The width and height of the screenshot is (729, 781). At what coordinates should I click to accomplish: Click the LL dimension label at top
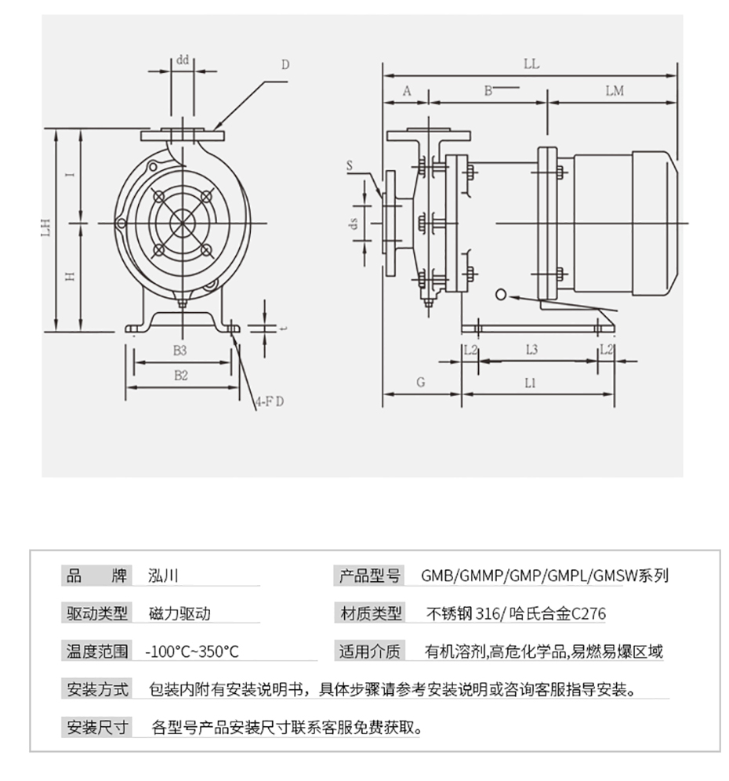pyautogui.click(x=531, y=64)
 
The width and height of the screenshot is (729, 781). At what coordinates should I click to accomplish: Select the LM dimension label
pyautogui.click(x=615, y=90)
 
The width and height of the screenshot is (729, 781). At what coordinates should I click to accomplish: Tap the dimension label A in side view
pyautogui.click(x=407, y=90)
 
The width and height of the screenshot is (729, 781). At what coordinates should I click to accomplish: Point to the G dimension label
pyautogui.click(x=420, y=382)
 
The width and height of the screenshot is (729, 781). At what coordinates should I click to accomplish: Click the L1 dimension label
pyautogui.click(x=531, y=383)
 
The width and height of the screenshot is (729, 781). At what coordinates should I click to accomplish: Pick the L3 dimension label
pyautogui.click(x=531, y=349)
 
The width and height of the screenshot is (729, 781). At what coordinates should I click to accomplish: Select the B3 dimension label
pyautogui.click(x=180, y=350)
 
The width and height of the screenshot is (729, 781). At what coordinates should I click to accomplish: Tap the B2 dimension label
pyautogui.click(x=180, y=376)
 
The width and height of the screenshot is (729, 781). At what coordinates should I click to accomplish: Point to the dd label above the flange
pyautogui.click(x=182, y=59)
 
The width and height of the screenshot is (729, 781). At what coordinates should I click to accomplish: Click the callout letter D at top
pyautogui.click(x=285, y=65)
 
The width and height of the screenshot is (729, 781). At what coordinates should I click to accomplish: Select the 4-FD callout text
pyautogui.click(x=269, y=401)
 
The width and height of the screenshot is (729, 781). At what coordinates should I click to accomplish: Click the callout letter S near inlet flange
pyautogui.click(x=350, y=165)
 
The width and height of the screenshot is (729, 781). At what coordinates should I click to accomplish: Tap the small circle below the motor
pyautogui.click(x=502, y=294)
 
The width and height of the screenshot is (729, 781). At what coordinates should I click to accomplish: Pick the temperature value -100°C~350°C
pyautogui.click(x=192, y=651)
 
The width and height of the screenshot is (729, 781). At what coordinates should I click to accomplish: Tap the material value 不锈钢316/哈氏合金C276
pyautogui.click(x=515, y=613)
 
